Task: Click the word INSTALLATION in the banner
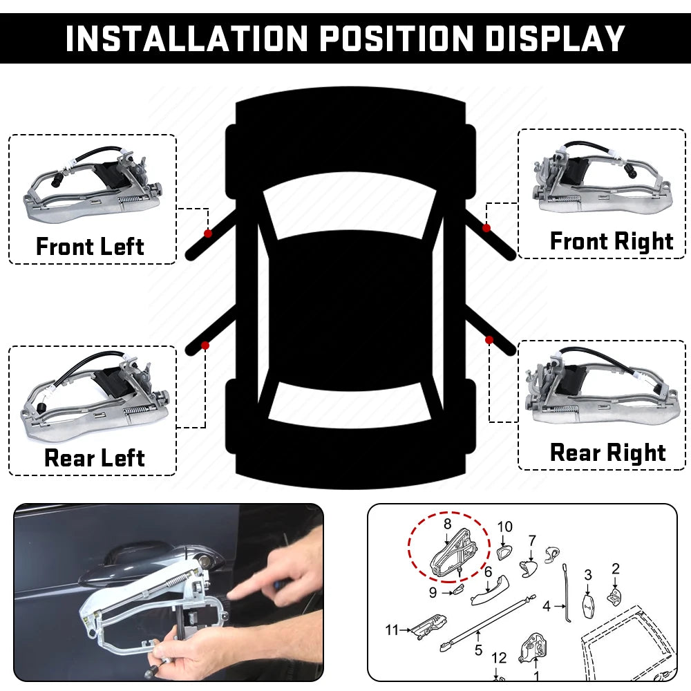(187, 38)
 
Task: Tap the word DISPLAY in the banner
(556, 38)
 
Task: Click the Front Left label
(90, 246)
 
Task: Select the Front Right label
(612, 241)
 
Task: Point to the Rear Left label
(94, 457)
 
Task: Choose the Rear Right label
(607, 453)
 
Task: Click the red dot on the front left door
(207, 234)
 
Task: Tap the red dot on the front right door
(486, 228)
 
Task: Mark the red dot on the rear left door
(205, 345)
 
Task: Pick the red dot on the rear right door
(489, 340)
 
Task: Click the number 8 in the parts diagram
(447, 524)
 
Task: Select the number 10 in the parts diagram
(505, 527)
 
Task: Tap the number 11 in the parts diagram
(392, 630)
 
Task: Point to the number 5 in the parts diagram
(479, 650)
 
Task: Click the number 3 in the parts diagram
(588, 575)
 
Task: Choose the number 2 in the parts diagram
(616, 569)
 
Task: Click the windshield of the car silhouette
(350, 202)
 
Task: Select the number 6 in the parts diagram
(488, 572)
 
